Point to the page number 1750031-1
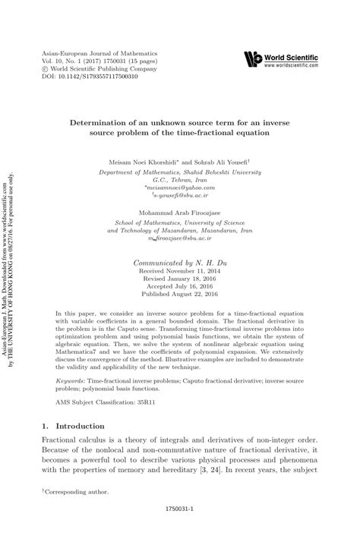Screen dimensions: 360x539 pos(180,523)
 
